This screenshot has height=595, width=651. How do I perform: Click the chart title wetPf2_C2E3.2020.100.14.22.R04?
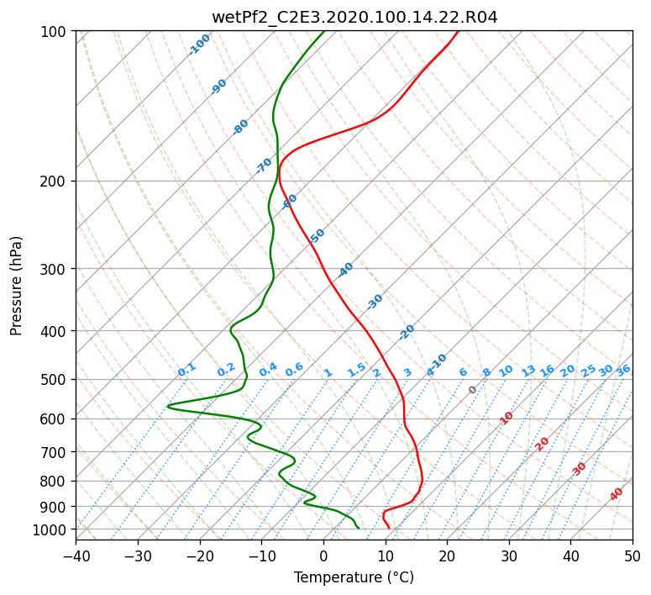click(x=354, y=17)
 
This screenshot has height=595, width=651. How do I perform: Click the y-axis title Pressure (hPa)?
click(x=16, y=286)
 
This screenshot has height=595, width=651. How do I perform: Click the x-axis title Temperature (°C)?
click(x=354, y=577)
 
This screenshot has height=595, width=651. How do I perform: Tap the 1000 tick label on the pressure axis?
click(x=54, y=530)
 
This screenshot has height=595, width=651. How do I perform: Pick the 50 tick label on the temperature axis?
click(x=633, y=556)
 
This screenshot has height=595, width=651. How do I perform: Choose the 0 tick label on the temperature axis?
click(x=323, y=556)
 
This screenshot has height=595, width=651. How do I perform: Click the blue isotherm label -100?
click(x=199, y=45)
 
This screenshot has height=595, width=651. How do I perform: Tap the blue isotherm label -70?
click(x=264, y=165)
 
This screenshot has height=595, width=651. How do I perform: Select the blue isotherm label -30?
click(x=375, y=302)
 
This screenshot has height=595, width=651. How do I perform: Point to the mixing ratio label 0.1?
click(x=186, y=370)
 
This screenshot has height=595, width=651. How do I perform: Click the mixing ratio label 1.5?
click(x=357, y=370)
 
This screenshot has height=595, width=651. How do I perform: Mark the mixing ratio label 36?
click(x=623, y=371)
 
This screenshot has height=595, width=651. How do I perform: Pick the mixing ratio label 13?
click(x=528, y=371)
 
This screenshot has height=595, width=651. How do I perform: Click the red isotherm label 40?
click(x=616, y=494)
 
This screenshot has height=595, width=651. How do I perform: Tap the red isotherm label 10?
click(x=507, y=418)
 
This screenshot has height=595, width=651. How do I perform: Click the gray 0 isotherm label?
click(x=472, y=390)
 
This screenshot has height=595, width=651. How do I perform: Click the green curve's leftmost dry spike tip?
click(x=167, y=406)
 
